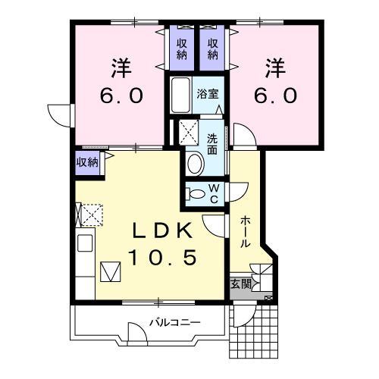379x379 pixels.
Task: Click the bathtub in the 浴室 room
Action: point(180,96)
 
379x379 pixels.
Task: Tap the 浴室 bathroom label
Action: point(208,94)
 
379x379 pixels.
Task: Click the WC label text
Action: point(214,194)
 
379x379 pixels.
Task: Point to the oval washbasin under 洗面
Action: point(196,164)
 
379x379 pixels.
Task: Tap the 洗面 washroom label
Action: point(212,144)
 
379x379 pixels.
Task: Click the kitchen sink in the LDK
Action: point(85,243)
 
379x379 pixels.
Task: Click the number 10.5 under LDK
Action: point(162,257)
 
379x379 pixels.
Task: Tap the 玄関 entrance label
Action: point(241,284)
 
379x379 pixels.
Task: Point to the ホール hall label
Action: point(245,232)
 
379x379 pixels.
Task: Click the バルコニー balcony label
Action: point(175,323)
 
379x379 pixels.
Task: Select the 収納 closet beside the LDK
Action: point(87,162)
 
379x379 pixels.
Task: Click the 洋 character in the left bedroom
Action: point(121,68)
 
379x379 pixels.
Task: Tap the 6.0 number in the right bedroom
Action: point(275,96)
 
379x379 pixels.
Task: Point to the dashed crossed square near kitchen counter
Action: point(92,215)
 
